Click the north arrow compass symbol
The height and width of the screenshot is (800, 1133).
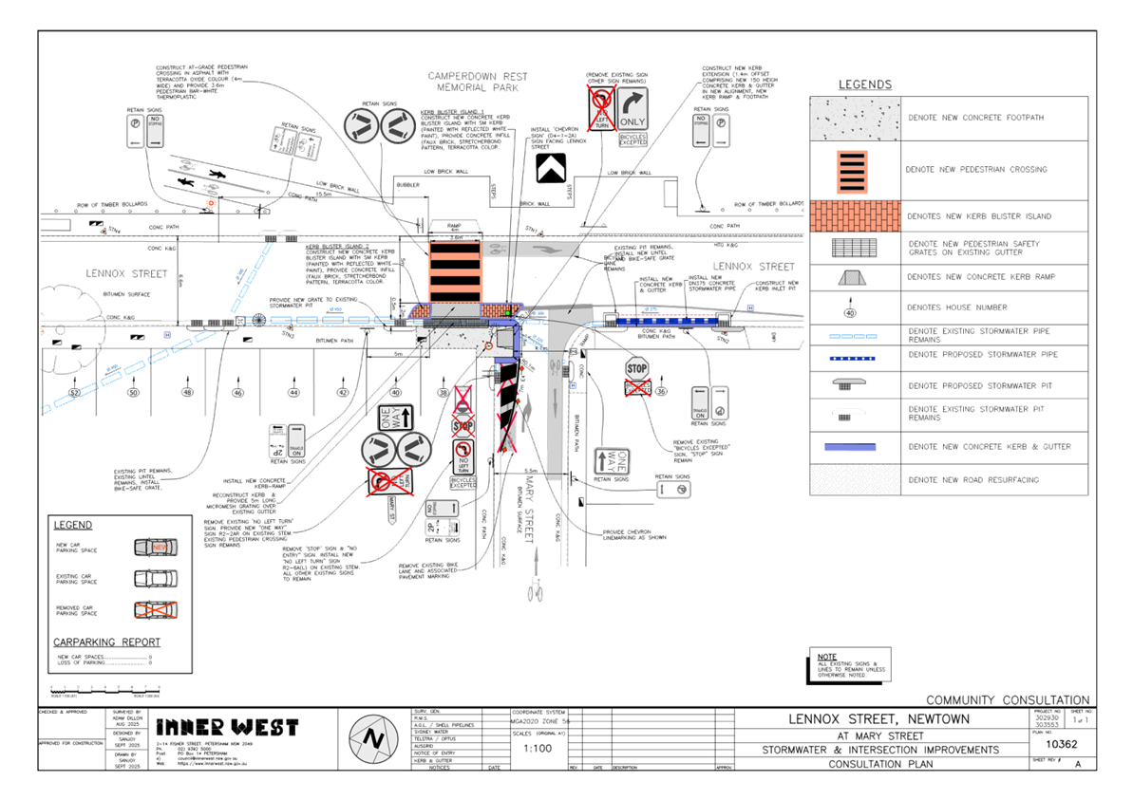(372, 738)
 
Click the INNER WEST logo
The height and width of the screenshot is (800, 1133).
(227, 727)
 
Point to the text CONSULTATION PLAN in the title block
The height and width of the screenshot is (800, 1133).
(881, 764)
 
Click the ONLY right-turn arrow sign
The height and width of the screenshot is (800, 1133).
(633, 107)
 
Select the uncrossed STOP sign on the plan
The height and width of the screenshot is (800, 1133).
(636, 368)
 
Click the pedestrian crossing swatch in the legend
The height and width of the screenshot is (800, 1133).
(855, 170)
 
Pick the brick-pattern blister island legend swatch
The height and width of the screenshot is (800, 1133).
(855, 216)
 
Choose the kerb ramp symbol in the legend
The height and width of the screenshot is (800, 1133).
(855, 277)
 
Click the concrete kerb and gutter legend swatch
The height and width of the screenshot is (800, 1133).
(855, 446)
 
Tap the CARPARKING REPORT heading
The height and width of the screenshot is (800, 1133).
(106, 642)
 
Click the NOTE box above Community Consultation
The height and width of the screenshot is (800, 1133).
(850, 665)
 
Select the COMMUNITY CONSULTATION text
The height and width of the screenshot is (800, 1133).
(1007, 699)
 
